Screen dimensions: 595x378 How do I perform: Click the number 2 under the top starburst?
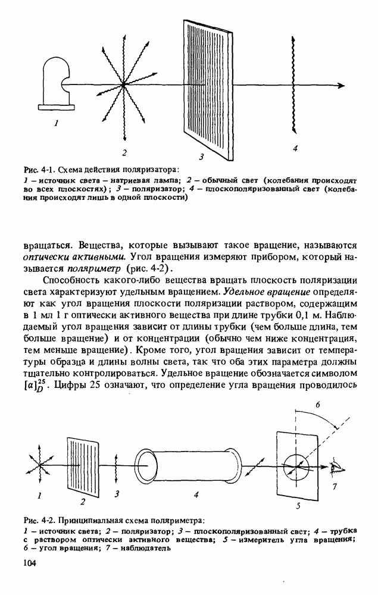(124, 151)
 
